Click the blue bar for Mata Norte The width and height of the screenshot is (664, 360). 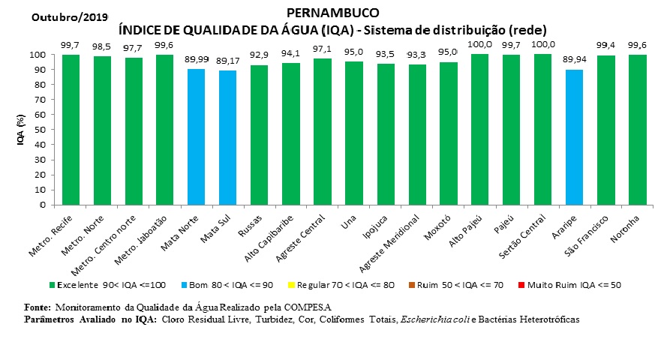tap(196, 136)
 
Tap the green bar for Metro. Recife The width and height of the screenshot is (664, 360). tap(71, 129)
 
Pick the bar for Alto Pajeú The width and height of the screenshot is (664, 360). tap(480, 129)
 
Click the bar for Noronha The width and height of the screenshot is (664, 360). tap(638, 129)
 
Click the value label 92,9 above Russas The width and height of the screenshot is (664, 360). tap(260, 55)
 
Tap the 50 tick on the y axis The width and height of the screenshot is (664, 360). tap(44, 130)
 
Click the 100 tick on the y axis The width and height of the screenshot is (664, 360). tap(41, 55)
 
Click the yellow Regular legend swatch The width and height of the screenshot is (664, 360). tap(292, 286)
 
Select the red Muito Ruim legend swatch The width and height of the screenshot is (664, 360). tap(521, 286)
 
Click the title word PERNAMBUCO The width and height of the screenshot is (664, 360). tap(332, 13)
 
